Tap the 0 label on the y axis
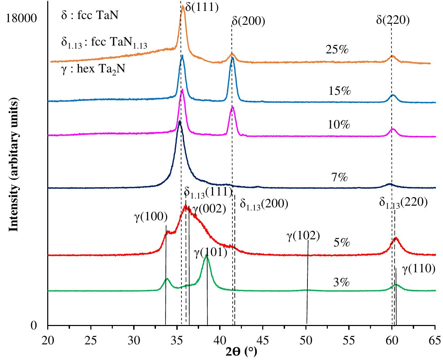tap(34, 326)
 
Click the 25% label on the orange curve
tap(337, 50)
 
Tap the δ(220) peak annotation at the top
tap(393, 20)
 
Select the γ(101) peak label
tap(210, 252)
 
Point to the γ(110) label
tap(419, 269)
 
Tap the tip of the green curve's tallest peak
tap(206, 256)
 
